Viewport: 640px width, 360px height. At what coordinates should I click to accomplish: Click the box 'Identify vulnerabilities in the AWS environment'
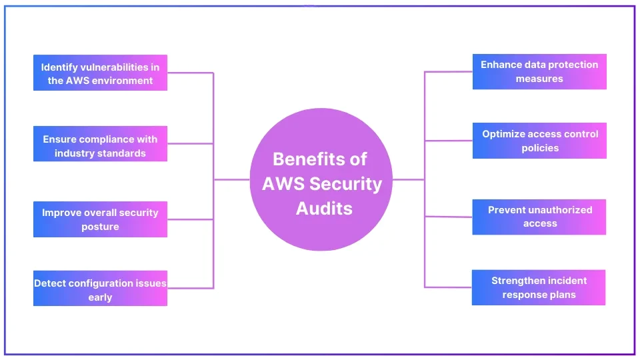(x=100, y=73)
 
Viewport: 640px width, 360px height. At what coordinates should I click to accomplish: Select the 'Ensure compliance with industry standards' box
(x=100, y=144)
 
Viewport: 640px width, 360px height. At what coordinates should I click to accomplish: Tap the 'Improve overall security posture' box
(x=100, y=219)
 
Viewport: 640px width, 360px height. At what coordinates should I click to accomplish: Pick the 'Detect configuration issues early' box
(x=100, y=289)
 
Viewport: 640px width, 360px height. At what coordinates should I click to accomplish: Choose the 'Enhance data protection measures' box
(x=539, y=71)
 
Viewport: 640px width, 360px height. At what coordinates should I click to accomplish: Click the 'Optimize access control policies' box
(x=539, y=141)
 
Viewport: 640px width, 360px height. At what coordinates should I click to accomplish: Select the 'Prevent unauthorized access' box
(x=539, y=217)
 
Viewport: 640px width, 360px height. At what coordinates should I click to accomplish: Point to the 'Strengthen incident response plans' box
(x=539, y=287)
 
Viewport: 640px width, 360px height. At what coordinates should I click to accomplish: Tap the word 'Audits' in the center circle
(x=324, y=208)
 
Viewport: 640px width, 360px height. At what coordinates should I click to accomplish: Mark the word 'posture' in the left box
(x=100, y=227)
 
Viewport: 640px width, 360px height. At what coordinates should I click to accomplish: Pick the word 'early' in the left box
(x=100, y=297)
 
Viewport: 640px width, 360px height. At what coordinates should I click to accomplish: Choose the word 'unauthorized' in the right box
(x=557, y=210)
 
